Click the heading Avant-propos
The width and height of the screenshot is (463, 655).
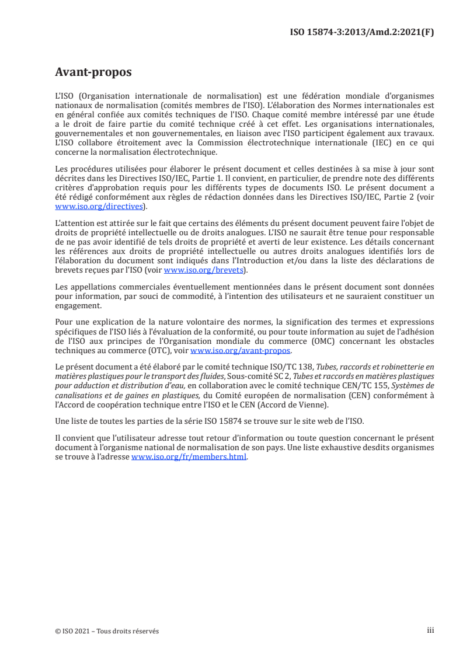point(93,72)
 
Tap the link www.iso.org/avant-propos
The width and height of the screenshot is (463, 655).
point(241,350)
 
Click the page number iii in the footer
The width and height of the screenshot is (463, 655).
point(430,630)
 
